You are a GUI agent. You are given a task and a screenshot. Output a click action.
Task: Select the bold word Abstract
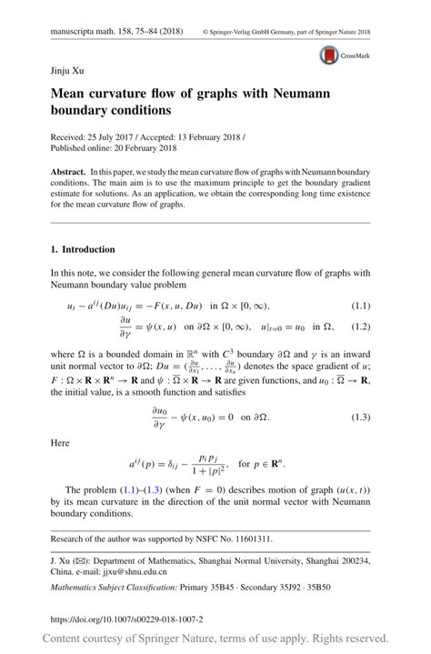(x=70, y=173)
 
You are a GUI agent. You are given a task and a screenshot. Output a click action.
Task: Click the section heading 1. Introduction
(x=83, y=249)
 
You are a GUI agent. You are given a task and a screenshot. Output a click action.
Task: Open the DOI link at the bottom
(x=127, y=619)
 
